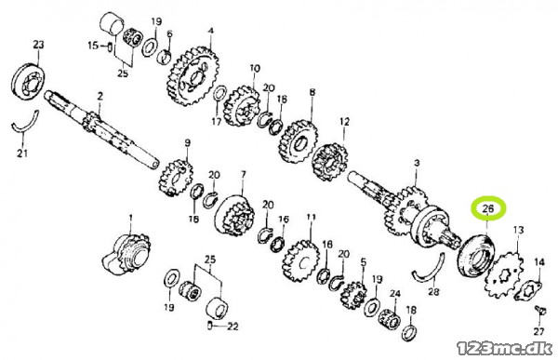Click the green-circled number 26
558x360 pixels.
point(488,208)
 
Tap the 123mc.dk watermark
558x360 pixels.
point(504,348)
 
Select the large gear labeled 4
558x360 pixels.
point(192,76)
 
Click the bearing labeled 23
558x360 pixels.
point(29,82)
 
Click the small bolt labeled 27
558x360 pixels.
point(539,311)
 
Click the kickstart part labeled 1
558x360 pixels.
point(126,254)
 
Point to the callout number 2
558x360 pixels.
point(100,96)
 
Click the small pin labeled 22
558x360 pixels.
point(210,325)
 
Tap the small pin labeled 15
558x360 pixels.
point(110,47)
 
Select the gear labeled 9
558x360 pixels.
point(176,178)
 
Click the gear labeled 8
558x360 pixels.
point(299,141)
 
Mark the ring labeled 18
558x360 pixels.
point(410,333)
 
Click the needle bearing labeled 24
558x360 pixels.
point(390,319)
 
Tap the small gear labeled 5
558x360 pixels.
point(353,295)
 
